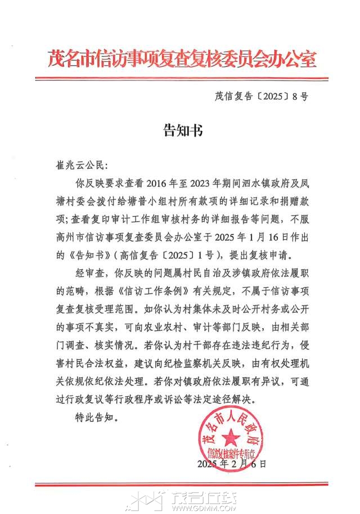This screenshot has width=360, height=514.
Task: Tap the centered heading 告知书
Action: [x=180, y=132]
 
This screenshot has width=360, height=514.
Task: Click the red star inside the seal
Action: [x=229, y=437]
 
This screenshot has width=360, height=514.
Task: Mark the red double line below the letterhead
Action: [x=180, y=78]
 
